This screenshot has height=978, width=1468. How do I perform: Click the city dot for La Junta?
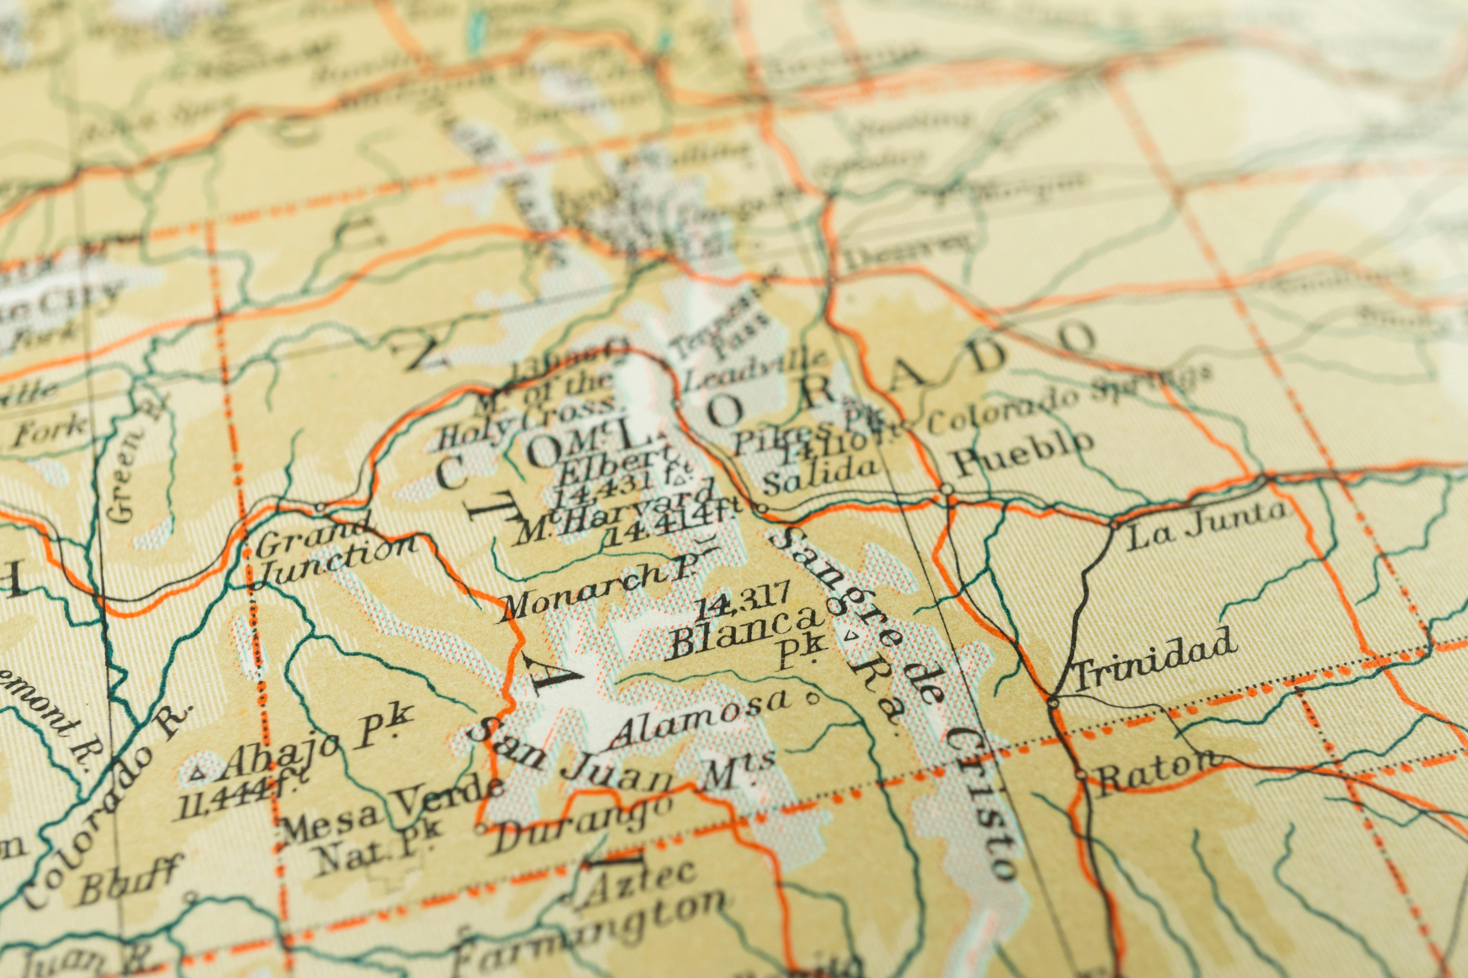(x=1114, y=525)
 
